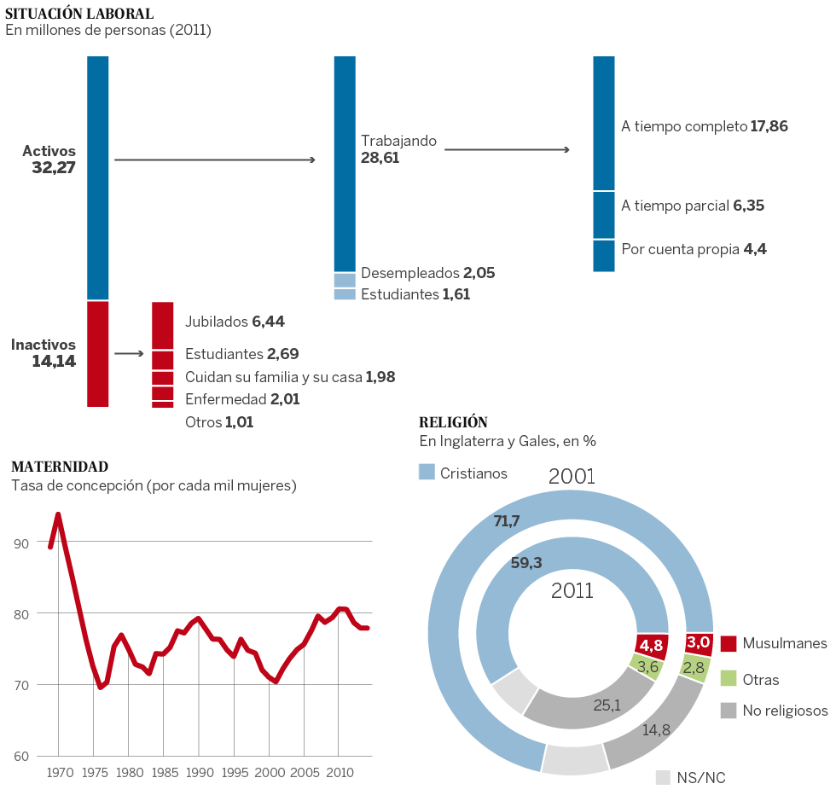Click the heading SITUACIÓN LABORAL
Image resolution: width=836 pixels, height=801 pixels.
[79, 14]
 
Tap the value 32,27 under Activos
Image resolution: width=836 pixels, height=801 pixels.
[54, 168]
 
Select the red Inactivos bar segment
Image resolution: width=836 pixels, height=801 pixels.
[98, 353]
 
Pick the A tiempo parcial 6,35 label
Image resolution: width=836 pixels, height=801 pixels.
[693, 206]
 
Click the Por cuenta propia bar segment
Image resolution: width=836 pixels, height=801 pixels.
[604, 255]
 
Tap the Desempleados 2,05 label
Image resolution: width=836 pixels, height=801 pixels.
[427, 273]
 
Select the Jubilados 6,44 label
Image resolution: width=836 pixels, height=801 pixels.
[235, 322]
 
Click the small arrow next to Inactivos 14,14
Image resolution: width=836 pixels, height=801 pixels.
[128, 353]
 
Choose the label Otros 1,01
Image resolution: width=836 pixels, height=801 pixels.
[218, 421]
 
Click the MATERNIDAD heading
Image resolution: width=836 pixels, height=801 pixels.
[60, 467]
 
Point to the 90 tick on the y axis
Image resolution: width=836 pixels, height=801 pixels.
[20, 543]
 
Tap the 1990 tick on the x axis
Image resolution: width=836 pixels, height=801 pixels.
[199, 773]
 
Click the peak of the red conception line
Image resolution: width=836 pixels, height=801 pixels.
[58, 514]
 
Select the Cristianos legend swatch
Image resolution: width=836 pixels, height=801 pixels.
[427, 472]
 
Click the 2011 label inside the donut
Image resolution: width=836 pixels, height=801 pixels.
[572, 589]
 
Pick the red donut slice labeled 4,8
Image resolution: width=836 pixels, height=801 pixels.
[652, 646]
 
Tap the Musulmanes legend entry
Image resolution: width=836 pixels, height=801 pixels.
[773, 642]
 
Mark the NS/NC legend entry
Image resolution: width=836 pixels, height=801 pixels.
[691, 777]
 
